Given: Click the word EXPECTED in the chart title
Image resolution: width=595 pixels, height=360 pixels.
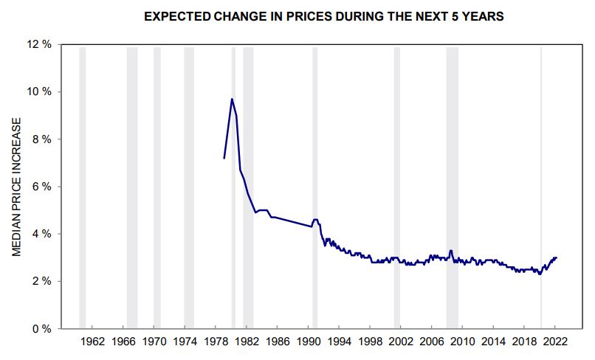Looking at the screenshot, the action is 177,16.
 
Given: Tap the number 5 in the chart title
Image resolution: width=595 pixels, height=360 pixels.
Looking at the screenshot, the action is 455,16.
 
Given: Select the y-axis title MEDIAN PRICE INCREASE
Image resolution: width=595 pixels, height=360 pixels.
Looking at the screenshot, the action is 16,187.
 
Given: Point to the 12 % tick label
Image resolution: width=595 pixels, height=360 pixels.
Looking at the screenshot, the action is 39,44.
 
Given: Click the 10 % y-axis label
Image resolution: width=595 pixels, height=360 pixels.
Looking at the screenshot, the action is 39,91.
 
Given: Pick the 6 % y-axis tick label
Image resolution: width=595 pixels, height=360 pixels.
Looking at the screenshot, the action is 42,186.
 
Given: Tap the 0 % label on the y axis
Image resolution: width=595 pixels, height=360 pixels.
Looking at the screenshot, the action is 42,328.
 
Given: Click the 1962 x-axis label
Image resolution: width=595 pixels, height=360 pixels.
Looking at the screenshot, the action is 92,342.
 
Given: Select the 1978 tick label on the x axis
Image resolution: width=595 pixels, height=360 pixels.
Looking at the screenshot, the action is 216,342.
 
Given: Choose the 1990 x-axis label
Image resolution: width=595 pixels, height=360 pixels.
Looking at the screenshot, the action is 309,342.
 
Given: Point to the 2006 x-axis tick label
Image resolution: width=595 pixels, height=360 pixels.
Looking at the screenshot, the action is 432,342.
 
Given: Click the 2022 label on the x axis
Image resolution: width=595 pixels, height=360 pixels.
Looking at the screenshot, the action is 555,342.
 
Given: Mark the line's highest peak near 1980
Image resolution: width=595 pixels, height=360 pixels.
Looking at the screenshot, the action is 232,99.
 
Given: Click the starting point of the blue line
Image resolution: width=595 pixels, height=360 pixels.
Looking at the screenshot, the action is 224,158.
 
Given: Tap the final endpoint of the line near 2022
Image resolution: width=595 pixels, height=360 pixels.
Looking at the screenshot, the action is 557,257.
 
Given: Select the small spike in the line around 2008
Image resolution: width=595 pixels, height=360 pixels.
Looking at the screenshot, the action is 451,250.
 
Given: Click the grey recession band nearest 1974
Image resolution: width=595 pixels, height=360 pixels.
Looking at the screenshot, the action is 189,187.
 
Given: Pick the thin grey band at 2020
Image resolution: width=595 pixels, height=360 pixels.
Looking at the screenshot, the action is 541,187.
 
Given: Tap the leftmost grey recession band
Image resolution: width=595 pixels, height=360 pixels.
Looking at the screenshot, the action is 83,187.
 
